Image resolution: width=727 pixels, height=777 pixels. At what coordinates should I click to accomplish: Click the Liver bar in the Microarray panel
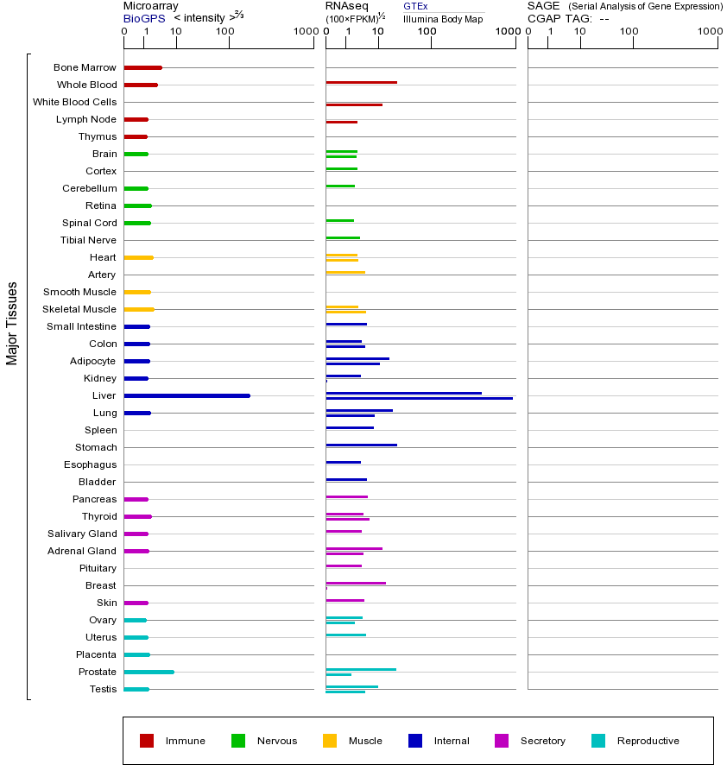(x=186, y=395)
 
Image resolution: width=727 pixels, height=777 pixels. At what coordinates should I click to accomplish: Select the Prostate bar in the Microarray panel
(x=149, y=672)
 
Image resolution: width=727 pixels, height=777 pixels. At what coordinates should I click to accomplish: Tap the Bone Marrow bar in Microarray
(x=142, y=67)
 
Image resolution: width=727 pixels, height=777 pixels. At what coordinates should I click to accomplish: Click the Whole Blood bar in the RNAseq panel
(x=361, y=82)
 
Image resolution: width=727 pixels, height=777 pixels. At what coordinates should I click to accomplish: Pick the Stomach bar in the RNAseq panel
(x=361, y=445)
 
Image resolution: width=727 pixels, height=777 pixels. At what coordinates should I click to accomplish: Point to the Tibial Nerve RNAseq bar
(x=343, y=237)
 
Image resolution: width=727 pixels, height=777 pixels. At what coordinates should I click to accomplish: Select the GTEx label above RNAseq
(x=415, y=7)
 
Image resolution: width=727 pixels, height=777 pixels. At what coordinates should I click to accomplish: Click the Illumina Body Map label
(x=443, y=19)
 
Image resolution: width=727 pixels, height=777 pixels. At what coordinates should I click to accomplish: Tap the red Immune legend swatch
(x=147, y=741)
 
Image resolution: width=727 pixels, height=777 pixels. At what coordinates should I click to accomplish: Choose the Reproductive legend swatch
(x=598, y=741)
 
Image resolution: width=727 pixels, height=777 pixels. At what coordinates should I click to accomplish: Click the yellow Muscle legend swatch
(x=330, y=741)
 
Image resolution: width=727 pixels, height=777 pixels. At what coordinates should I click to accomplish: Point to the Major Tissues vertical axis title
(x=12, y=323)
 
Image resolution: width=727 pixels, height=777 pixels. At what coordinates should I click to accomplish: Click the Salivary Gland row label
(x=84, y=534)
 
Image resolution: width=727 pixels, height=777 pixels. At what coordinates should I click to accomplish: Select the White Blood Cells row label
(x=74, y=102)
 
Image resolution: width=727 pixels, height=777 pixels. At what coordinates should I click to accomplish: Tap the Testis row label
(x=103, y=689)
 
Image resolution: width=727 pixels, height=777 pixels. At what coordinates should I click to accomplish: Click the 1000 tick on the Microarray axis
(x=304, y=32)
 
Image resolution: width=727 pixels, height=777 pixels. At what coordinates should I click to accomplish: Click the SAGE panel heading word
(x=543, y=6)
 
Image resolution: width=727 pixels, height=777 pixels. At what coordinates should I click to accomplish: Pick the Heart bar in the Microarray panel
(x=138, y=257)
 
